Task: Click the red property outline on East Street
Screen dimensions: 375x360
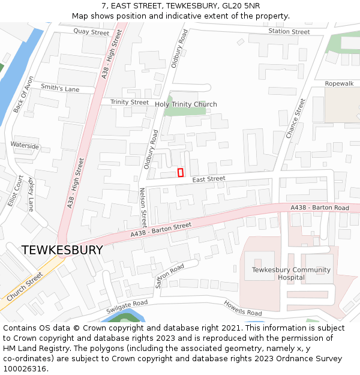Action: point(180,173)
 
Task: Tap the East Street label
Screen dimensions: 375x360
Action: point(209,179)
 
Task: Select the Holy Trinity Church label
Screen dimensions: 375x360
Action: point(186,104)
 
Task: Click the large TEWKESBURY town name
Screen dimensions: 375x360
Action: point(62,250)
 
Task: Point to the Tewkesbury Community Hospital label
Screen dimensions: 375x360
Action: point(291,274)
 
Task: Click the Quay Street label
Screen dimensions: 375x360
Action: point(91,32)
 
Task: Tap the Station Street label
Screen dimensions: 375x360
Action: point(289,32)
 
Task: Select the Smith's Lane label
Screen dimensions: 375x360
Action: point(60,88)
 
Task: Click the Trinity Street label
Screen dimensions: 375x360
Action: point(130,102)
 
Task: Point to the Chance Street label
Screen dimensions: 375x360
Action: point(296,119)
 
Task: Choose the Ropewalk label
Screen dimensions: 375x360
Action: point(339,83)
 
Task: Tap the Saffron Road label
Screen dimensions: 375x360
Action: point(169,275)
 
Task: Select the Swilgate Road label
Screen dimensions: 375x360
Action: point(127,307)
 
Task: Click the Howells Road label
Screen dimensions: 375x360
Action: point(242,308)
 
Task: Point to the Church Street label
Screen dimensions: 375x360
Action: point(25,287)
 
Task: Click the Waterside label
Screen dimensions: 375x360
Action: point(25,146)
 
